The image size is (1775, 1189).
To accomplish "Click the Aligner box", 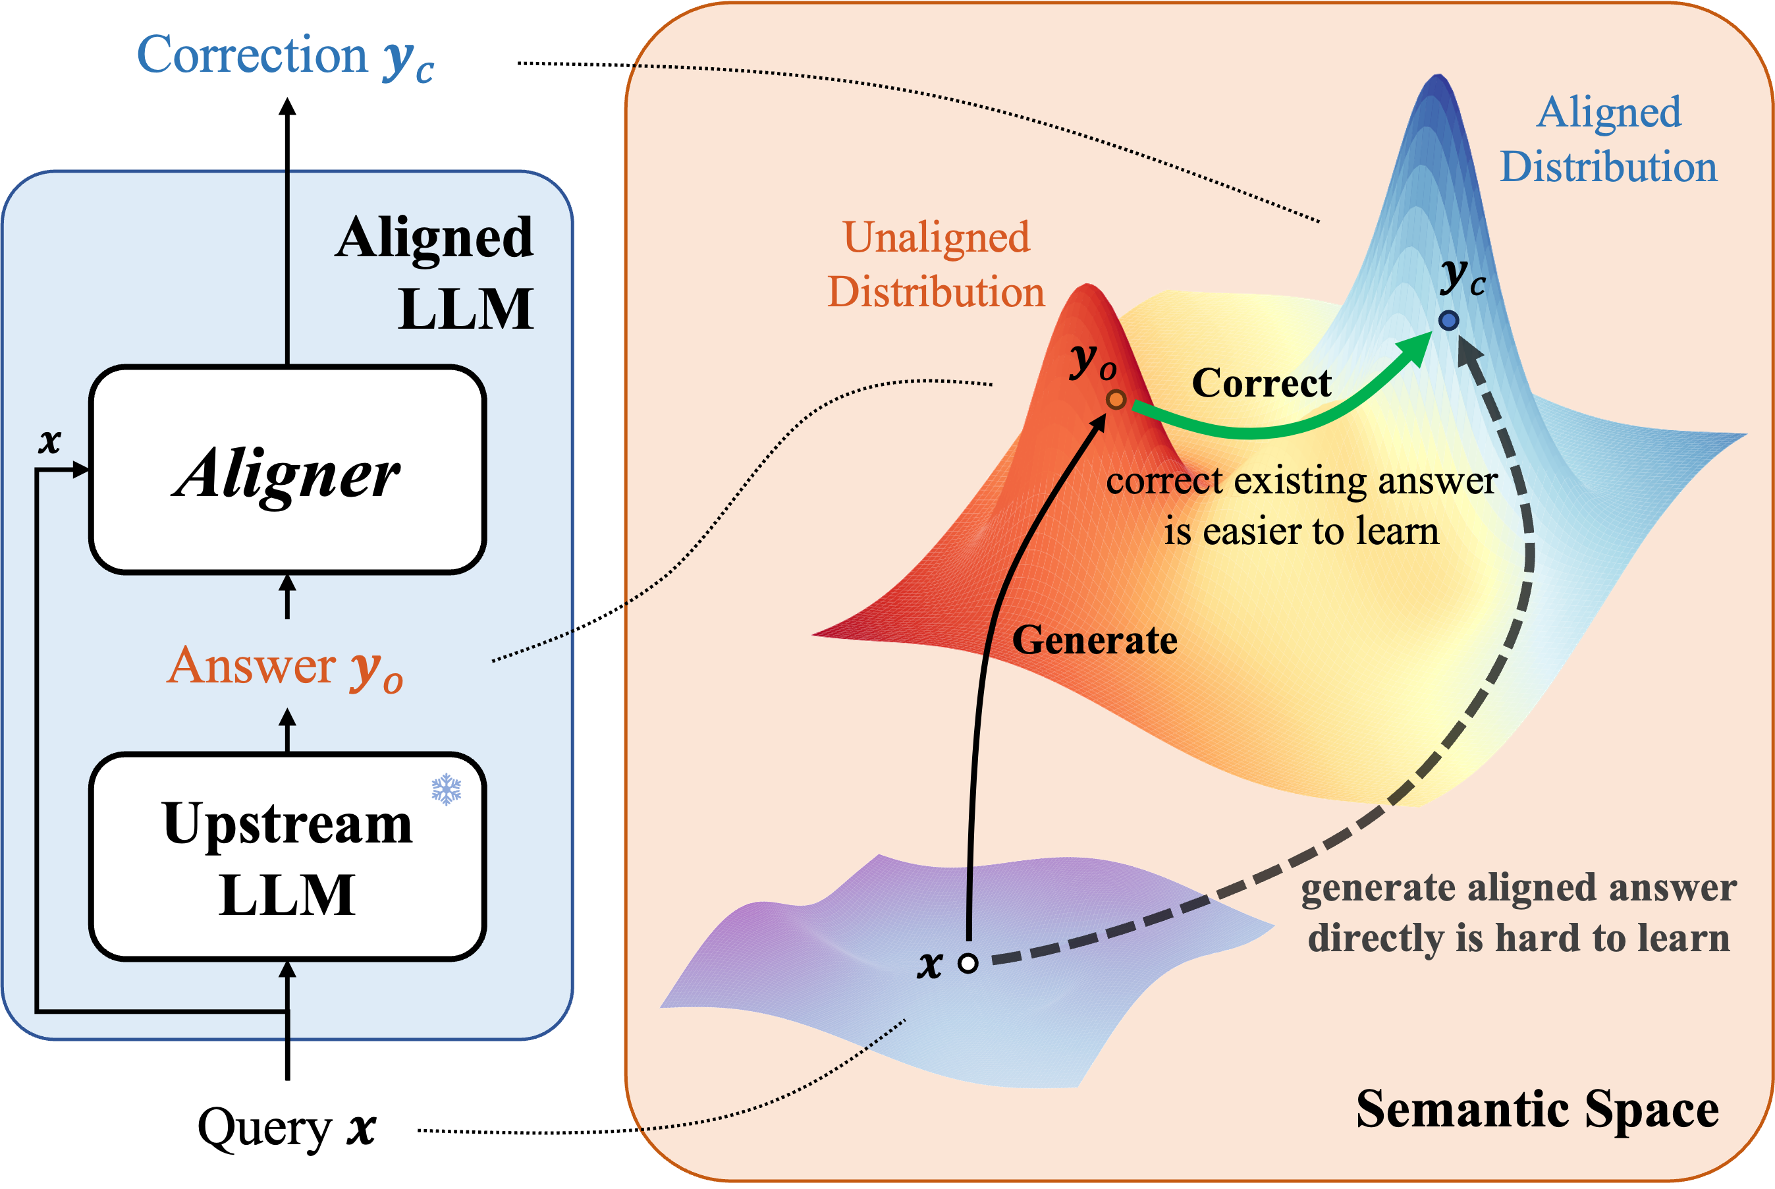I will [x=287, y=470].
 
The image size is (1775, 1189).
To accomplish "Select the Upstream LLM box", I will [x=287, y=857].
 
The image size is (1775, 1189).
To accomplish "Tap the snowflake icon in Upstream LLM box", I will [x=446, y=789].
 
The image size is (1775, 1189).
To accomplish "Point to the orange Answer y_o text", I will [x=285, y=667].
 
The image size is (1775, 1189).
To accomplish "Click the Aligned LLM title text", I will [x=435, y=273].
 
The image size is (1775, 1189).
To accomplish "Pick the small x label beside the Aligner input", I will [x=49, y=441].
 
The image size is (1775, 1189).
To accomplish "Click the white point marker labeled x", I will [x=968, y=963].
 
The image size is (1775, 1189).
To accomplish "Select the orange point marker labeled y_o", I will [x=1115, y=400].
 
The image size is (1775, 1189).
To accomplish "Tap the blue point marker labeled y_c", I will [x=1448, y=321].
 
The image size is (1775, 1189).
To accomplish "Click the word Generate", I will [x=1094, y=640].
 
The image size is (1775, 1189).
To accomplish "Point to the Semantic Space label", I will [x=1537, y=1109].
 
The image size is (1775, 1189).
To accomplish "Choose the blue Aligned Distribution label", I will [x=1608, y=140].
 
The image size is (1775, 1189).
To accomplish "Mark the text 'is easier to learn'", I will [x=1301, y=531].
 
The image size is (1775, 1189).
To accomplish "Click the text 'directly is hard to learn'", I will [x=1519, y=938].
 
